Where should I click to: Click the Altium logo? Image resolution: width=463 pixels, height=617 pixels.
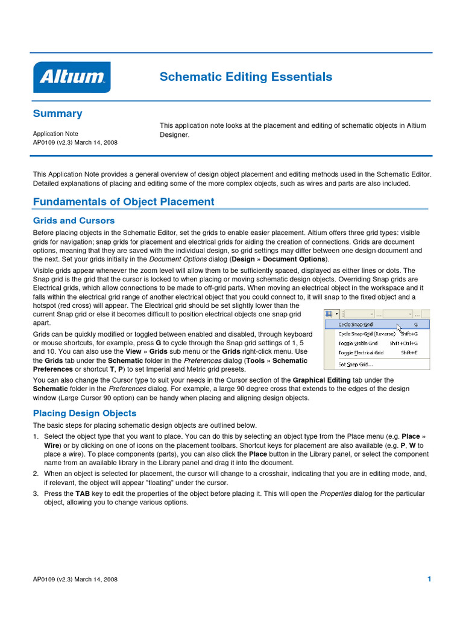72,77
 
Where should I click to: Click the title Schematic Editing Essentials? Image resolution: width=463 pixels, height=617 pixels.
245,77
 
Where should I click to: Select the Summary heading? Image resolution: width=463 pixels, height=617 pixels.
57,113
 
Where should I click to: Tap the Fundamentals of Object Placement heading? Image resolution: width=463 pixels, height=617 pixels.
124,202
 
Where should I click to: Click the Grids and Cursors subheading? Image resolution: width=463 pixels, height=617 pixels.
74,221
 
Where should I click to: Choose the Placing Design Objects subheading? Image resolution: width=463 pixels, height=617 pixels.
84,413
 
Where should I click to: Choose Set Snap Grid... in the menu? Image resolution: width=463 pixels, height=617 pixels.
355,364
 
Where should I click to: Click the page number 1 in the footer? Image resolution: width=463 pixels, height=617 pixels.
429,579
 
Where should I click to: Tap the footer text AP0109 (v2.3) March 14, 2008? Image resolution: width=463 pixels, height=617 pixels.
75,580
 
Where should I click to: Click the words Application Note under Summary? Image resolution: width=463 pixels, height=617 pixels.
55,134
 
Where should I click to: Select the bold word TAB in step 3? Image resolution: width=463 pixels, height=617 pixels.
83,493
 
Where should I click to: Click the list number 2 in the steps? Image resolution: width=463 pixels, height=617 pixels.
36,474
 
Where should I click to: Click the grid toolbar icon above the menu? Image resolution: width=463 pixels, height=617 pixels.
329,314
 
